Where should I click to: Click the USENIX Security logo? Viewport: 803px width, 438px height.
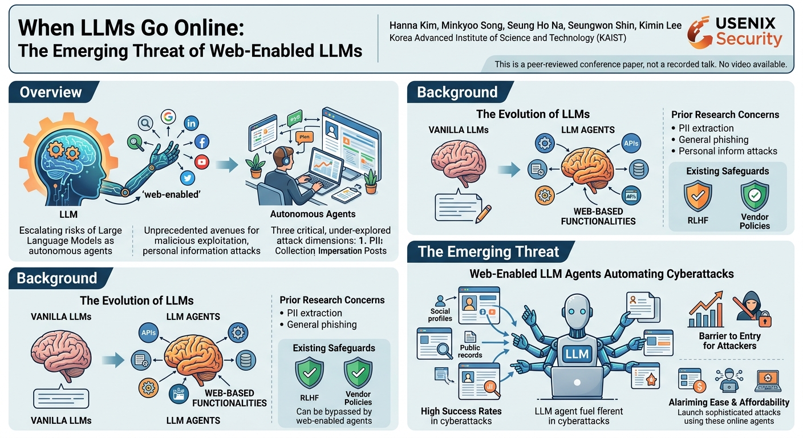(735, 33)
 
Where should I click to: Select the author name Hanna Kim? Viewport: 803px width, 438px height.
(413, 26)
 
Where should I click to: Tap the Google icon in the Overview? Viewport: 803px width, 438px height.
(168, 116)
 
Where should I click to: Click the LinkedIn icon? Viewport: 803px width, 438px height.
(192, 123)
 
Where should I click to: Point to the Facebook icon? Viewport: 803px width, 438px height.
(202, 142)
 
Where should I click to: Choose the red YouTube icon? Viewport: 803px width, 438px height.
(202, 162)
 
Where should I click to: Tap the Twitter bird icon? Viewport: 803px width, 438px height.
(188, 178)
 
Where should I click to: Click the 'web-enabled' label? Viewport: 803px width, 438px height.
(171, 194)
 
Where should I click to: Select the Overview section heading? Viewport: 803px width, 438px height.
(51, 92)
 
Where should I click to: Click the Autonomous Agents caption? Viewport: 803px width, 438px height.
(313, 214)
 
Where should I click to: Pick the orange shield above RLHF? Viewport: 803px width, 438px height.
(697, 196)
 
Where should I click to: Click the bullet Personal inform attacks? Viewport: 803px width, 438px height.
(728, 151)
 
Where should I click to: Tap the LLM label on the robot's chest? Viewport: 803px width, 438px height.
(577, 354)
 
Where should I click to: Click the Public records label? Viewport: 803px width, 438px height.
(470, 351)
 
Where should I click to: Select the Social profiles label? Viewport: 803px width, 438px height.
(440, 315)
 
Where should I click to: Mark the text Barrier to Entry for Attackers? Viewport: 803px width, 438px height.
(729, 341)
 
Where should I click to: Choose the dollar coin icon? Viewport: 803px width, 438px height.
(699, 386)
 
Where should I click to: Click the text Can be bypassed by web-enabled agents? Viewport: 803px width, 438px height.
(334, 416)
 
